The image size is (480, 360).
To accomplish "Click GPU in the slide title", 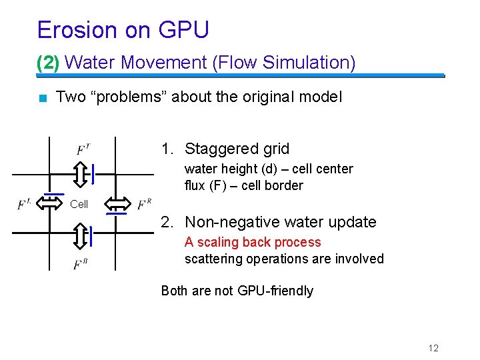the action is pyautogui.click(x=184, y=30).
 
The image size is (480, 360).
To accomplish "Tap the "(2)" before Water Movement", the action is pyautogui.click(x=48, y=63).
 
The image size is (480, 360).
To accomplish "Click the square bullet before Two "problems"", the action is pyautogui.click(x=43, y=98).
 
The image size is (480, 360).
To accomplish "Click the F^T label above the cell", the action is pyautogui.click(x=83, y=149).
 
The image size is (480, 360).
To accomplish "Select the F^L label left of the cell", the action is pyautogui.click(x=25, y=203).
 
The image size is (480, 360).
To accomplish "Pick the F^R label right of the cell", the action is pyautogui.click(x=145, y=203).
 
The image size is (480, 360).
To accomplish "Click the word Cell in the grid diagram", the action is pyautogui.click(x=79, y=204).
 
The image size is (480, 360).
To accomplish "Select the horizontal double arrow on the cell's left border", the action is pyautogui.click(x=50, y=202).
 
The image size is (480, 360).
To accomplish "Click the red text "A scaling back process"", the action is pyautogui.click(x=253, y=242).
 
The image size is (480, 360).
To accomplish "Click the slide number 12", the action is pyautogui.click(x=433, y=348).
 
